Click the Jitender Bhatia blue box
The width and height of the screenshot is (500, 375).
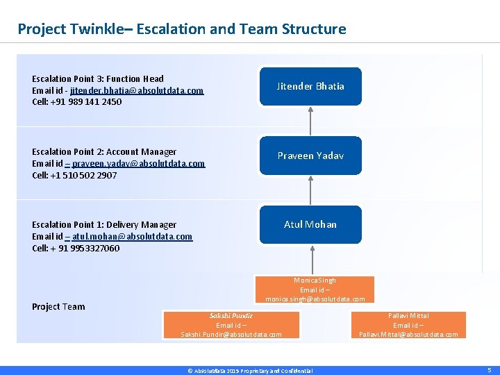pos(310,86)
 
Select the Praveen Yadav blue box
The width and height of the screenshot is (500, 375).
pos(310,156)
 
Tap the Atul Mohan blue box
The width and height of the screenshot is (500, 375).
pos(310,224)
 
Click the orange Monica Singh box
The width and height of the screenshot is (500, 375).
pos(315,290)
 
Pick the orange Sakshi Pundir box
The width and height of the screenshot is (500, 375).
pos(231,325)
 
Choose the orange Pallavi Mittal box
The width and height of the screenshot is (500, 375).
pos(408,325)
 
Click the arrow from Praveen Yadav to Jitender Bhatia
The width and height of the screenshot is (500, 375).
pos(310,121)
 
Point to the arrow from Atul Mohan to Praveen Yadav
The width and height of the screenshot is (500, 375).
pos(310,190)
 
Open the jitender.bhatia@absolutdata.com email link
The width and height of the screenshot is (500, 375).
pos(137,90)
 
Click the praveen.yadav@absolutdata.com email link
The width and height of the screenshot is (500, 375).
pos(138,163)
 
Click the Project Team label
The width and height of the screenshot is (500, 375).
pos(58,306)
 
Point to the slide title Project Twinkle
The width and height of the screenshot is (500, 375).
pos(181,29)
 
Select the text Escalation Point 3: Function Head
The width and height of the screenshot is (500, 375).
pos(98,78)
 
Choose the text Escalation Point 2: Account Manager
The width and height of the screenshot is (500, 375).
pos(104,151)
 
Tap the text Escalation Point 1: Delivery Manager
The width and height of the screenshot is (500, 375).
pos(104,224)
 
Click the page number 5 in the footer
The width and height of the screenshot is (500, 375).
pos(489,370)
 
